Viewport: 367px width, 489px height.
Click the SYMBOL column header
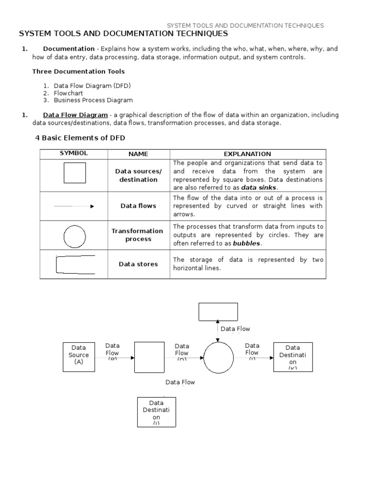coord(74,154)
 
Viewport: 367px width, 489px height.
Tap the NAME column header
coord(138,154)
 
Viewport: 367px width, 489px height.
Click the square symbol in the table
coord(75,173)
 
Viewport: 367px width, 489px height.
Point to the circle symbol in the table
coord(74,235)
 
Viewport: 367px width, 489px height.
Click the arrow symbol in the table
coord(74,206)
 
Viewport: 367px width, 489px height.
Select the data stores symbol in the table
coord(75,264)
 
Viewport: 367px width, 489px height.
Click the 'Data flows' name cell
coord(138,206)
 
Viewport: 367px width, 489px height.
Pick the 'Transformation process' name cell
coord(138,235)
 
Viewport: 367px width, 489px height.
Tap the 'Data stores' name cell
coord(138,264)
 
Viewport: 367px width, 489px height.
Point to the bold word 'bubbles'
coord(247,244)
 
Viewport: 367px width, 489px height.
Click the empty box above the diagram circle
coord(218,312)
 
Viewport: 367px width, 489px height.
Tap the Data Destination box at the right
coord(293,356)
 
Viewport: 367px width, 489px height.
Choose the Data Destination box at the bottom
coord(156,412)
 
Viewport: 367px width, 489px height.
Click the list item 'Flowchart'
coord(68,93)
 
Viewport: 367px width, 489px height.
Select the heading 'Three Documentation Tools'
coord(78,72)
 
